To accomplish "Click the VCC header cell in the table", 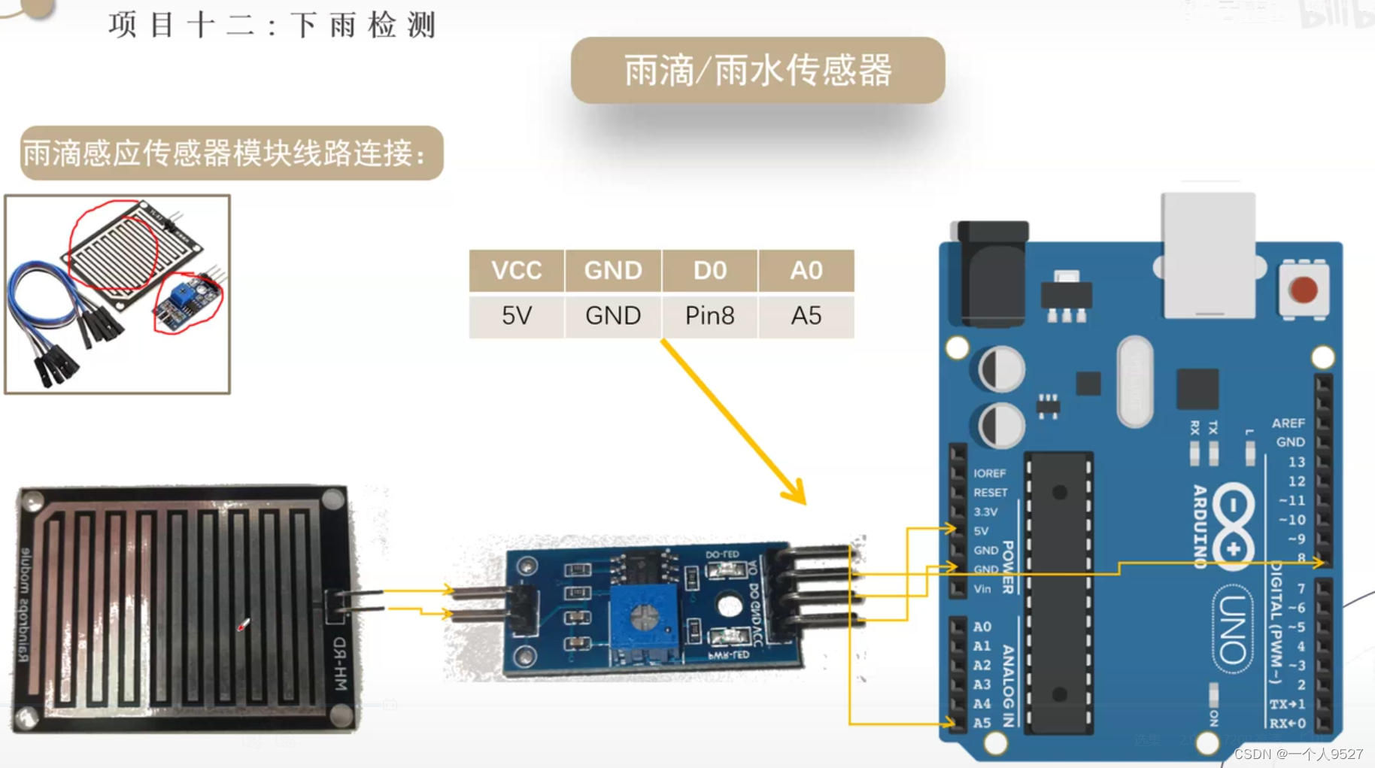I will click(517, 270).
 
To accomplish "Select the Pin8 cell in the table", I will click(709, 316).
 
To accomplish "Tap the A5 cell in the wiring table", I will click(806, 316).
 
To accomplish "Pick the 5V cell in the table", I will click(517, 316).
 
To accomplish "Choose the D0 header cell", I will click(709, 270).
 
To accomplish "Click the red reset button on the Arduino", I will click(1303, 290).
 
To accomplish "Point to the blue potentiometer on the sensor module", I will click(644, 618).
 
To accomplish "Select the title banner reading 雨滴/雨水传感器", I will click(757, 71).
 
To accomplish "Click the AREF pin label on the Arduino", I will click(1288, 423).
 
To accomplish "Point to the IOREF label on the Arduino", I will click(989, 473).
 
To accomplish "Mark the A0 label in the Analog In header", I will click(982, 627).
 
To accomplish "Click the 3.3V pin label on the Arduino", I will click(985, 511).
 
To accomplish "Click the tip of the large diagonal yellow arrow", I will click(803, 502).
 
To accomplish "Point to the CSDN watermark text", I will click(1298, 754).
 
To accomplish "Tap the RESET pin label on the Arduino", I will click(990, 493).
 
